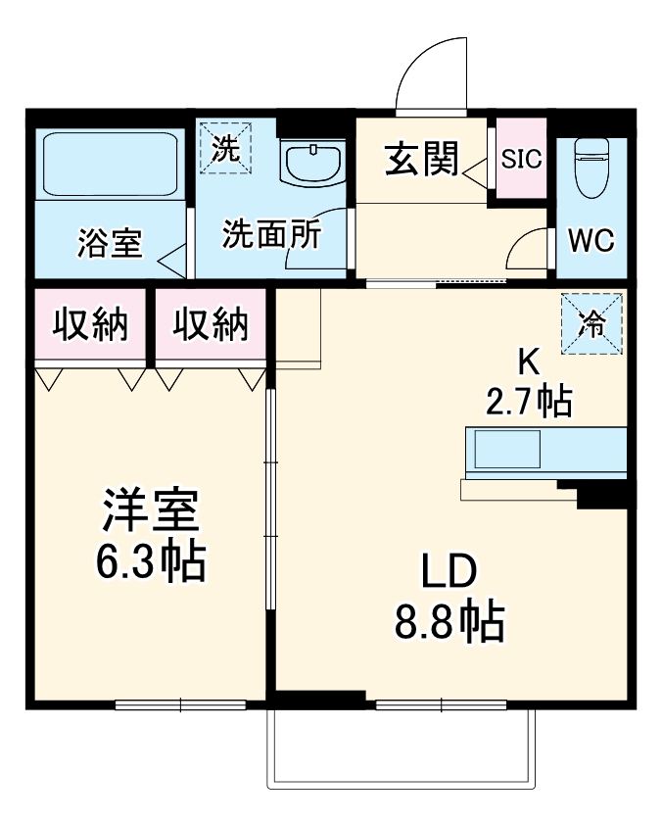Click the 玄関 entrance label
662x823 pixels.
click(x=421, y=159)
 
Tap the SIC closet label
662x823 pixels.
click(x=521, y=160)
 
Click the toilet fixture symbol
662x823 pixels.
click(x=591, y=167)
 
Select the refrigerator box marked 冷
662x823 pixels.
click(x=591, y=323)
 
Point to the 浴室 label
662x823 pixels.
click(x=109, y=242)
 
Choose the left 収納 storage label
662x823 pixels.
click(x=90, y=324)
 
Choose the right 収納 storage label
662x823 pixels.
click(x=212, y=324)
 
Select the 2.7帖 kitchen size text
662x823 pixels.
click(x=529, y=402)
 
